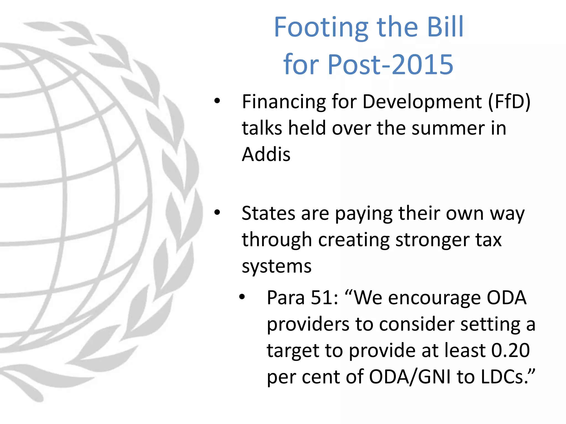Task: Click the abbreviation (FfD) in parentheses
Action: click(x=509, y=102)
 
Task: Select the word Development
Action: click(x=422, y=102)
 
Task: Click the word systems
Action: click(x=276, y=267)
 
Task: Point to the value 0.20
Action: click(x=510, y=351)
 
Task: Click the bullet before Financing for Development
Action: click(x=217, y=101)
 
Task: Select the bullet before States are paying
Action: click(x=217, y=213)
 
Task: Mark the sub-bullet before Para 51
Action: click(x=242, y=297)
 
